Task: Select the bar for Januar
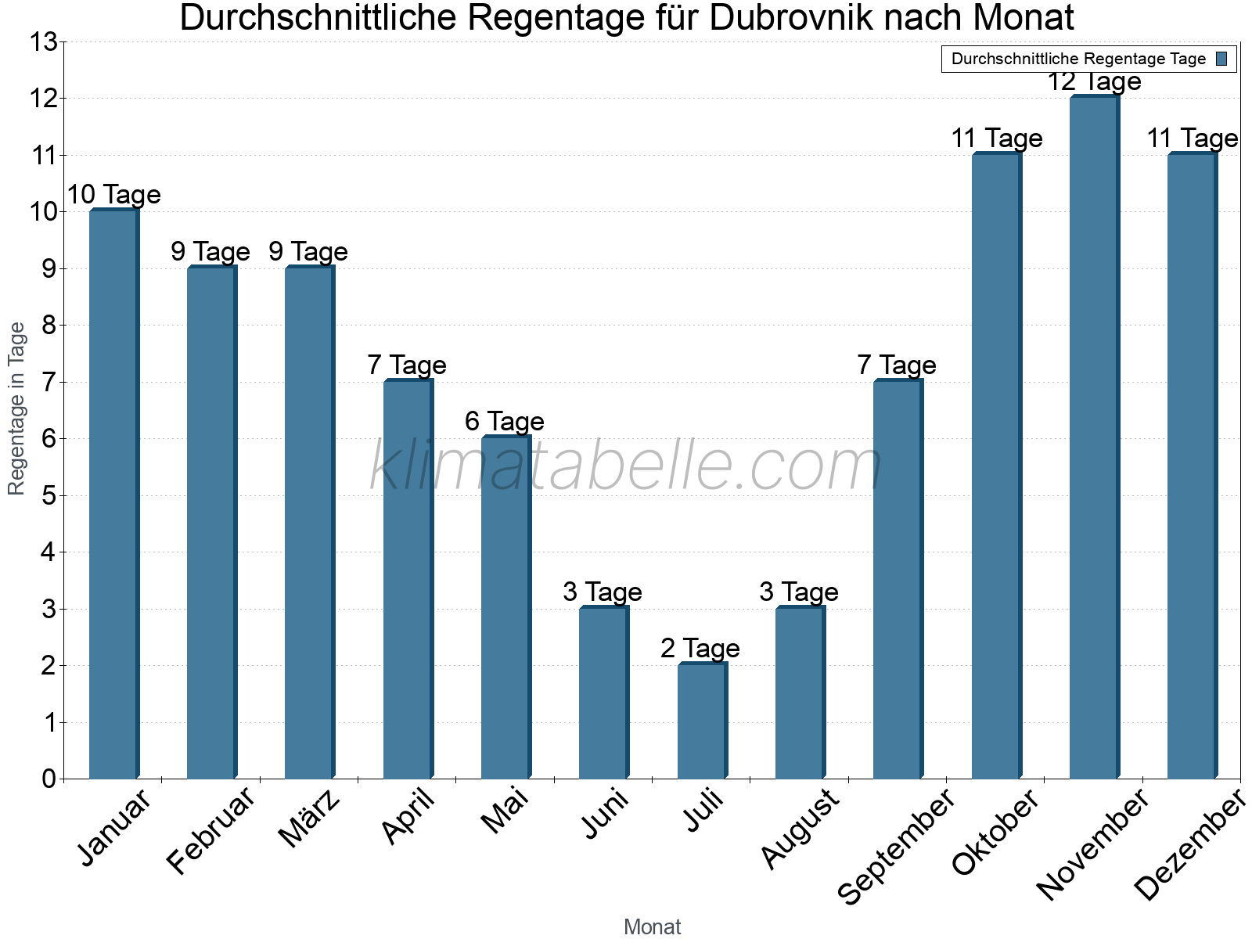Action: tap(113, 495)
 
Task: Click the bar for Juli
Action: tap(702, 721)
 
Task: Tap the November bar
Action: tap(1094, 438)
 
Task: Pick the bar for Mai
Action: tap(505, 608)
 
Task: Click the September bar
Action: tap(898, 580)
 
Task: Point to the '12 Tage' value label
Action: tap(1094, 81)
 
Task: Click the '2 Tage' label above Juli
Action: tap(700, 648)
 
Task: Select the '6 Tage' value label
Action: tap(505, 421)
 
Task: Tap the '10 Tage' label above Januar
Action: tap(113, 194)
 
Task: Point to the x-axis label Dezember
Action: tap(1189, 845)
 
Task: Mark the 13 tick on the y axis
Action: tap(44, 41)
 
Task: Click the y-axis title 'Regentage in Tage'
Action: tap(16, 408)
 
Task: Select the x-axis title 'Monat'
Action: tap(652, 926)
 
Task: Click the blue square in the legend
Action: tap(1221, 59)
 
